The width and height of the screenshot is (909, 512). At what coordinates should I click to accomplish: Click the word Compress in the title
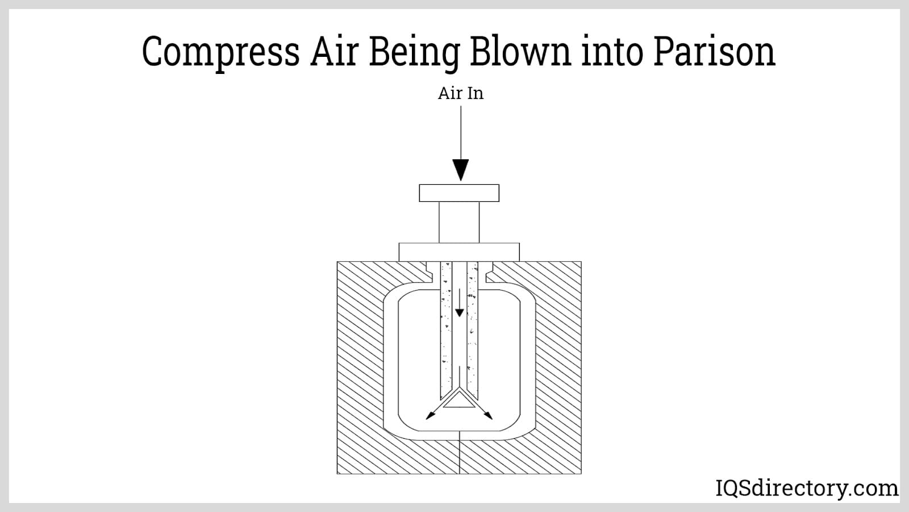click(220, 52)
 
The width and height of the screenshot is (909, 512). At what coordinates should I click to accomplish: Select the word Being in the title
click(414, 52)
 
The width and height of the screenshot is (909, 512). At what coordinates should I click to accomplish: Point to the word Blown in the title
click(519, 52)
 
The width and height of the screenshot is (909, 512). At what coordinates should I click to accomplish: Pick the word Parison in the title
click(714, 52)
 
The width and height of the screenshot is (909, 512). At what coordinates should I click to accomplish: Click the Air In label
click(460, 93)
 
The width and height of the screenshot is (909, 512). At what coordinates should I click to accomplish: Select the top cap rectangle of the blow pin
click(459, 193)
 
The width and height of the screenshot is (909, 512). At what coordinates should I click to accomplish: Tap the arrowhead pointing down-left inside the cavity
click(430, 416)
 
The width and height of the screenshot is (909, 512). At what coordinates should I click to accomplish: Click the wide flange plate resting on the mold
click(459, 252)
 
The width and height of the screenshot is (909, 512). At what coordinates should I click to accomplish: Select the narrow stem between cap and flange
click(459, 222)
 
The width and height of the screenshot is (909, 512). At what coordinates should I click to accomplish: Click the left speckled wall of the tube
click(445, 330)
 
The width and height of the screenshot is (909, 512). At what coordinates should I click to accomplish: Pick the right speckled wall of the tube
click(472, 330)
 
